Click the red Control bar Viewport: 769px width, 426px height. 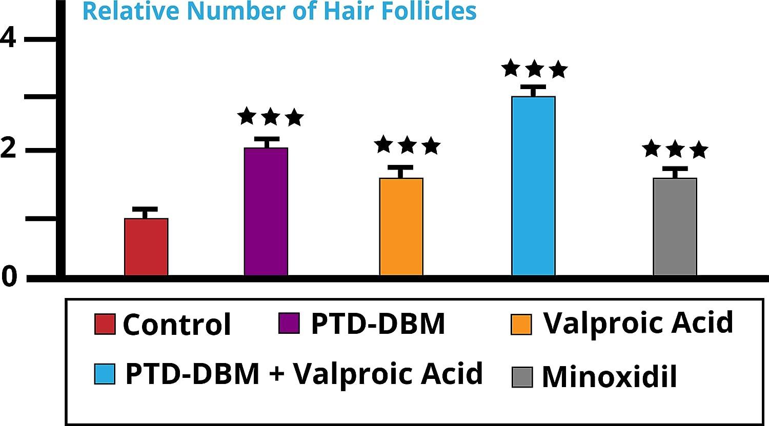point(146,247)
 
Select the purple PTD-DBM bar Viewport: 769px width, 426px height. point(266,211)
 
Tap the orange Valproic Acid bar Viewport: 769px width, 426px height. point(401,226)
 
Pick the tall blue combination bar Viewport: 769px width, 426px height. point(533,186)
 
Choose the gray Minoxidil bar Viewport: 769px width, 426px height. point(675,226)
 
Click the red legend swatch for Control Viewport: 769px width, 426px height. point(105,324)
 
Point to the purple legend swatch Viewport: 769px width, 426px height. point(289,323)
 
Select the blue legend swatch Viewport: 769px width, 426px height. point(105,373)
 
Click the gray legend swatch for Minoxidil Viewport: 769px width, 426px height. point(522,377)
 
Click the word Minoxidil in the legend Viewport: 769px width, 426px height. point(610,377)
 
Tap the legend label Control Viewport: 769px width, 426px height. point(177,324)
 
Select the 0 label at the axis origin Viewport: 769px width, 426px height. point(9,277)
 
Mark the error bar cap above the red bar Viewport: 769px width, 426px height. point(145,209)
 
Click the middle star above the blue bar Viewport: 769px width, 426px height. point(534,68)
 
